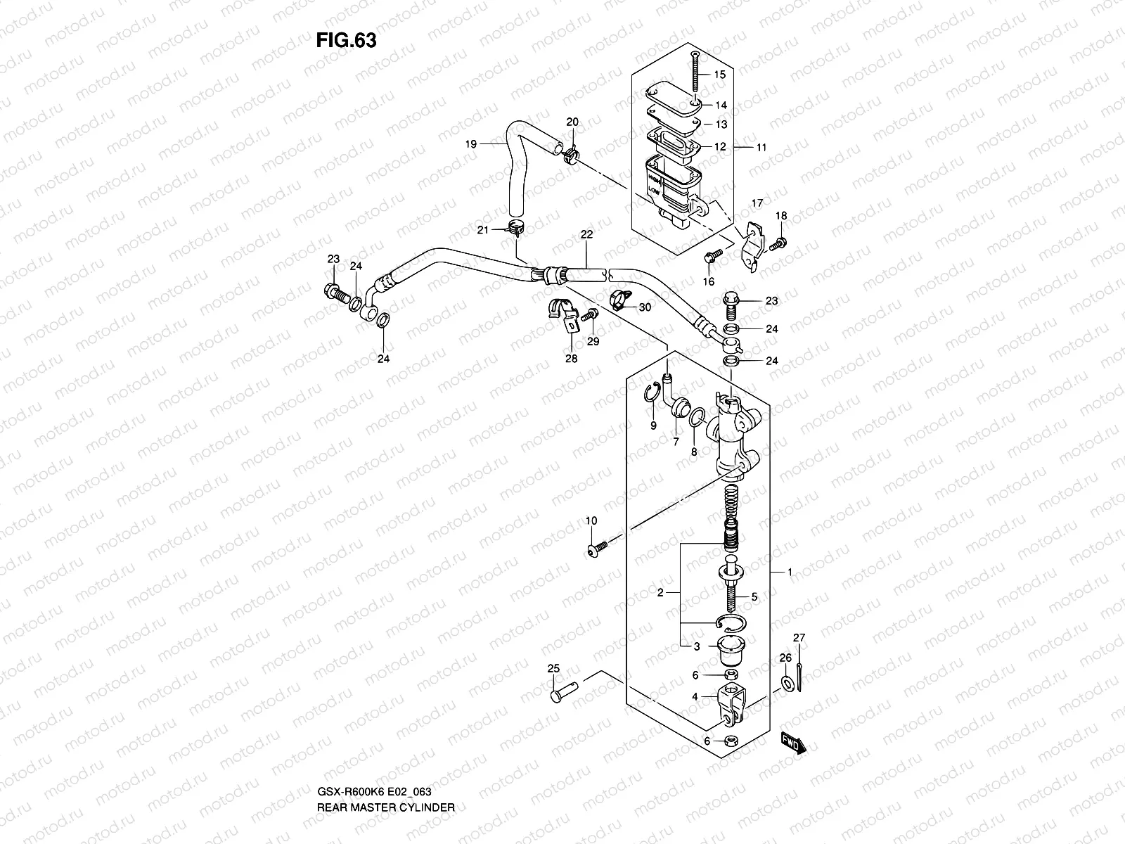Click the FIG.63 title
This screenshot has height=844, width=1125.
(346, 40)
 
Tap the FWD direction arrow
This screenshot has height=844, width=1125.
(792, 742)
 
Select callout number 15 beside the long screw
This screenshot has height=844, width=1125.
(719, 75)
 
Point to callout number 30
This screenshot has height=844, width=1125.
(645, 307)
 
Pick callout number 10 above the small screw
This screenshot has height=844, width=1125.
(591, 520)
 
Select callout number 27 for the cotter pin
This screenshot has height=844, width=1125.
(799, 637)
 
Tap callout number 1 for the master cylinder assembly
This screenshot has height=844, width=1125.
(790, 573)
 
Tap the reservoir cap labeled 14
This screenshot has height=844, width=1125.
(674, 95)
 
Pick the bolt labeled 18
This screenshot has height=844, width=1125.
(778, 244)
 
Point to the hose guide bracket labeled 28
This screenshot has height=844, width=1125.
(562, 316)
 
